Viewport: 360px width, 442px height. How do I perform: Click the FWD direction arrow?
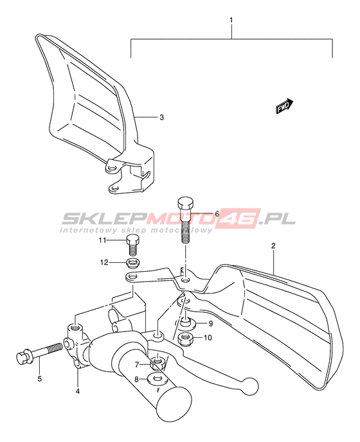[284, 106]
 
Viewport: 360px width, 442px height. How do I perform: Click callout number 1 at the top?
[231, 21]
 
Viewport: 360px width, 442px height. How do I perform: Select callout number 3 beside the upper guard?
[161, 117]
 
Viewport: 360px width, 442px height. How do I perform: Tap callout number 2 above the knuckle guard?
[273, 245]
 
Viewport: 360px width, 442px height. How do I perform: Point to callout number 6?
[217, 214]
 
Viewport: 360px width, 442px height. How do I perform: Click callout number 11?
[102, 240]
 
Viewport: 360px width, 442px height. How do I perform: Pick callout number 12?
[104, 262]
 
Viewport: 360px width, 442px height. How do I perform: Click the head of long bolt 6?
[186, 203]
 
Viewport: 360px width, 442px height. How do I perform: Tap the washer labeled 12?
[133, 263]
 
